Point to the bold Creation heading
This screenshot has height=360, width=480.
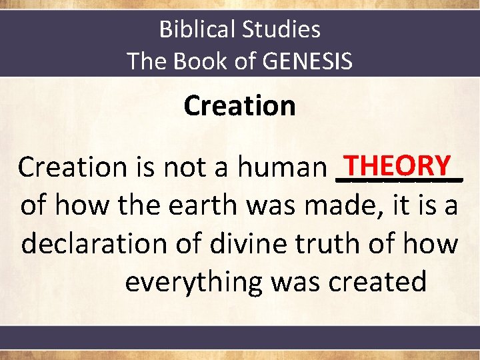(239, 105)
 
